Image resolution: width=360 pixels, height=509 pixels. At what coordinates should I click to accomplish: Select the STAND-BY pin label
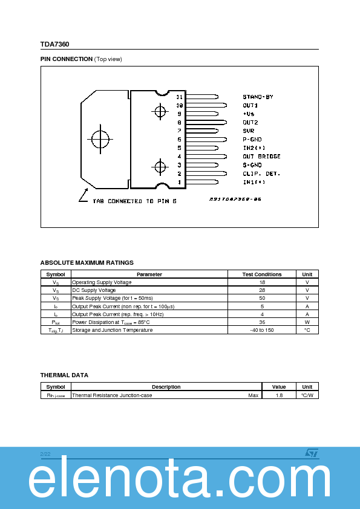coord(258,97)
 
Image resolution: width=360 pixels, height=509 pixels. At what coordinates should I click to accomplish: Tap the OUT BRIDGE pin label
coord(261,157)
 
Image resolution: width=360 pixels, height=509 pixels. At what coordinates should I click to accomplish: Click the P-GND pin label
coord(252,140)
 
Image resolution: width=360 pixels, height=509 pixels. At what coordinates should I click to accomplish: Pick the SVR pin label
coord(249,131)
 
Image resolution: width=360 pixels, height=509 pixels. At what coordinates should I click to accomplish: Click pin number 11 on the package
coord(179,97)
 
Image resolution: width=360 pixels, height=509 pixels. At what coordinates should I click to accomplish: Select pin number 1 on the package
coord(179,182)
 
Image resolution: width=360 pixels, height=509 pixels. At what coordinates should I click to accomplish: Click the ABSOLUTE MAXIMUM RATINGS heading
coord(87,263)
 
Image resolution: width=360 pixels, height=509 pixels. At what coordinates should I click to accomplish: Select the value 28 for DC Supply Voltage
coord(262,290)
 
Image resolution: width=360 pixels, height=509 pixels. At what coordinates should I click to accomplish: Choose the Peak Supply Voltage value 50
coord(262,298)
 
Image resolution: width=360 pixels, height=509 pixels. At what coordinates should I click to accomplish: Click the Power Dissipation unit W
coord(307,322)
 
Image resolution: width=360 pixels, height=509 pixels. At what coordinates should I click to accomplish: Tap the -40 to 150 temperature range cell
coord(262,330)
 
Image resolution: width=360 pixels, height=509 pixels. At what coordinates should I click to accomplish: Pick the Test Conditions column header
coord(262,274)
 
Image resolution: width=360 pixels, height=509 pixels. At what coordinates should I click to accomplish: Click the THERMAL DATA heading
coord(64,375)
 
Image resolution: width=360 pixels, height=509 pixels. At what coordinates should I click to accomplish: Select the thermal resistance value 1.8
coord(279,395)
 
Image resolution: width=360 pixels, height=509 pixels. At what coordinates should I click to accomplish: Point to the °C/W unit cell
coord(307,395)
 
